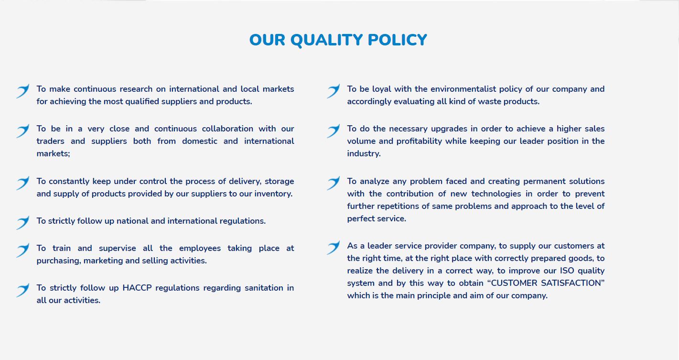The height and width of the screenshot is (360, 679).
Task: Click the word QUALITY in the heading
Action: [326, 40]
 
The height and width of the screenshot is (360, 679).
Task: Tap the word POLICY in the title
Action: [398, 40]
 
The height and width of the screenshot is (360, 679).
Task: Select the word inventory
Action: [273, 194]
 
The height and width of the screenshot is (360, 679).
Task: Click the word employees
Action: [200, 249]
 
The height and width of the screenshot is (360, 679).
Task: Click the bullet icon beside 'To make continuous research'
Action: [23, 91]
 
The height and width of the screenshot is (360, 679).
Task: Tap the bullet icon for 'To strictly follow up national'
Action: [23, 223]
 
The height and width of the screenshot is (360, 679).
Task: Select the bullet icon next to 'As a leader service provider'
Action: [334, 248]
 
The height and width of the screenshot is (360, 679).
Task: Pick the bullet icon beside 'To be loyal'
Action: [334, 91]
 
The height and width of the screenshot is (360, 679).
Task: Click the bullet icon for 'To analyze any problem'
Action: [334, 183]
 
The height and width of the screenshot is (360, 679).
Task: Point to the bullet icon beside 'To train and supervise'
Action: [23, 250]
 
